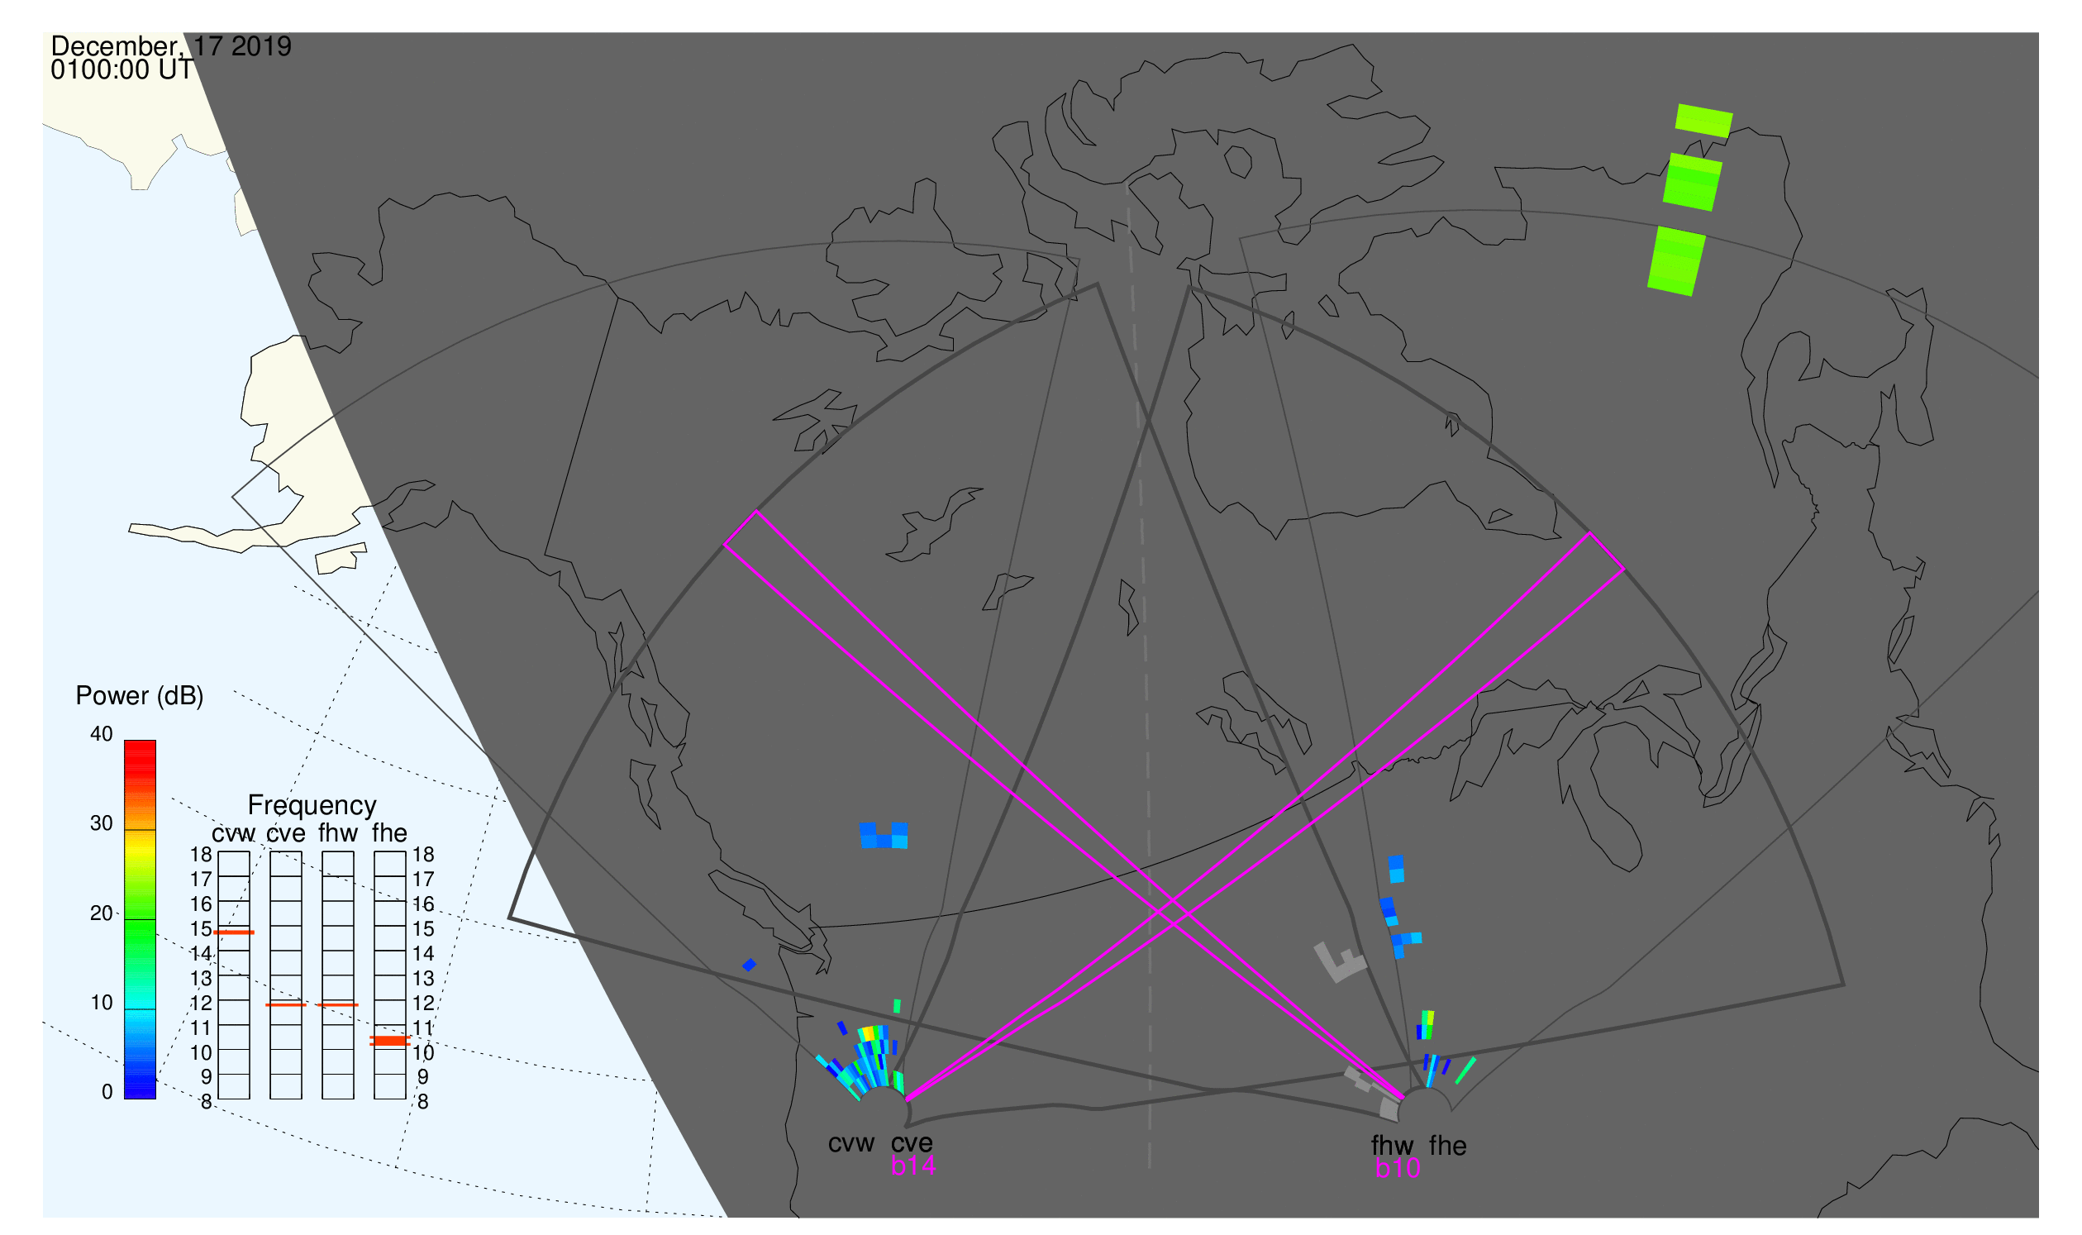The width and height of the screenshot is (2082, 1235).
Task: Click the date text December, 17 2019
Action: (x=170, y=46)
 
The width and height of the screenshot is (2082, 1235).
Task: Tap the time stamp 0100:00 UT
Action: (x=121, y=70)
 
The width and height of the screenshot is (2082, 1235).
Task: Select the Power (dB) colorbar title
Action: (x=140, y=697)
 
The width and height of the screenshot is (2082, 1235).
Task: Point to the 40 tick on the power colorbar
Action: (x=102, y=735)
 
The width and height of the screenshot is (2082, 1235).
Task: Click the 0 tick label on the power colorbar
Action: (x=107, y=1093)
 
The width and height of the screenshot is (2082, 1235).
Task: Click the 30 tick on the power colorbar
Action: (x=102, y=824)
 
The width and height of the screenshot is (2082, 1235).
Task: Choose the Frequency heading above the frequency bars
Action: (x=312, y=806)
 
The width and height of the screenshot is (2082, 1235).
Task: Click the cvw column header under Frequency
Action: (x=234, y=834)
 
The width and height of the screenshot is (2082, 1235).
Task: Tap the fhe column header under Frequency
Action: (x=389, y=833)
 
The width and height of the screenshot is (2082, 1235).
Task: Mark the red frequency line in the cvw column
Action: (x=234, y=933)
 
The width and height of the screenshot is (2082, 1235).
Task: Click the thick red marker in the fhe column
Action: (x=389, y=1042)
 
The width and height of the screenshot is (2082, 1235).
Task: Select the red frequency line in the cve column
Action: (x=285, y=1005)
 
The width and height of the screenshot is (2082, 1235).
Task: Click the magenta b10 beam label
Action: (x=1398, y=1168)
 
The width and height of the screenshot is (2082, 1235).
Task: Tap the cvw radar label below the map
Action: (x=851, y=1144)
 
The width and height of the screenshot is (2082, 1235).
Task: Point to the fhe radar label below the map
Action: (x=1448, y=1146)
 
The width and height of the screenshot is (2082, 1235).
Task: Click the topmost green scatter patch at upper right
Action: (x=1704, y=122)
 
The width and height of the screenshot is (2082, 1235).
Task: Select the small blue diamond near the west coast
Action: (x=750, y=966)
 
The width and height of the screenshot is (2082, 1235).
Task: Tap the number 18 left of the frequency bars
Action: (x=202, y=855)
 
